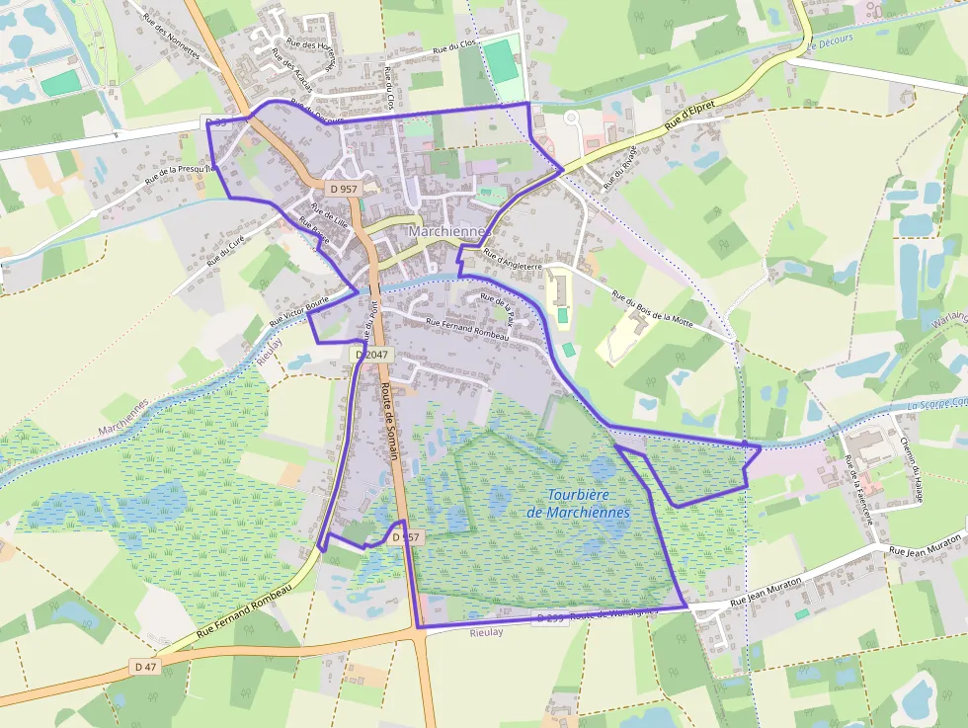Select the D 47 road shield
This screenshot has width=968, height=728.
(x=145, y=667)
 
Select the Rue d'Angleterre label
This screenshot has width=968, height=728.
(x=513, y=260)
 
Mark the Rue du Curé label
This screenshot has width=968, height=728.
(x=225, y=250)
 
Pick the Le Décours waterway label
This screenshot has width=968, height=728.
(x=829, y=44)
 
